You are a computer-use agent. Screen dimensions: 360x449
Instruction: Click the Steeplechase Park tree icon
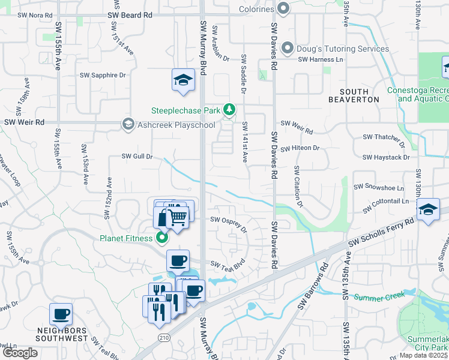click(x=229, y=110)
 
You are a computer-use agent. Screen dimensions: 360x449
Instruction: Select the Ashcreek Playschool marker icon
click(x=128, y=124)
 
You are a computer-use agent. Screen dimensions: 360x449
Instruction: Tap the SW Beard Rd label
click(x=130, y=14)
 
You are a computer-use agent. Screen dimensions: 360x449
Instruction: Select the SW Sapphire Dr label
click(x=103, y=75)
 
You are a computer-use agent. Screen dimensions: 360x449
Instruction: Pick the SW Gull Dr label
click(x=137, y=157)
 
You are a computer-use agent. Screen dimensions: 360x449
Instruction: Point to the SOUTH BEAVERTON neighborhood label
click(x=354, y=95)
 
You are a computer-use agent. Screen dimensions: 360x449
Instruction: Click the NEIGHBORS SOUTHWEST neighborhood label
click(x=61, y=334)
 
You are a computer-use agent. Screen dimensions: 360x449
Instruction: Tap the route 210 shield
click(x=163, y=338)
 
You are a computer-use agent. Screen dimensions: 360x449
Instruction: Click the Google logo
click(x=20, y=352)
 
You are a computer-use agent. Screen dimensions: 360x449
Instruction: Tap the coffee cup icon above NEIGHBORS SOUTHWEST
click(x=61, y=314)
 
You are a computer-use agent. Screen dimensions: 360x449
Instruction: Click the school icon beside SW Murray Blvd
click(x=184, y=80)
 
